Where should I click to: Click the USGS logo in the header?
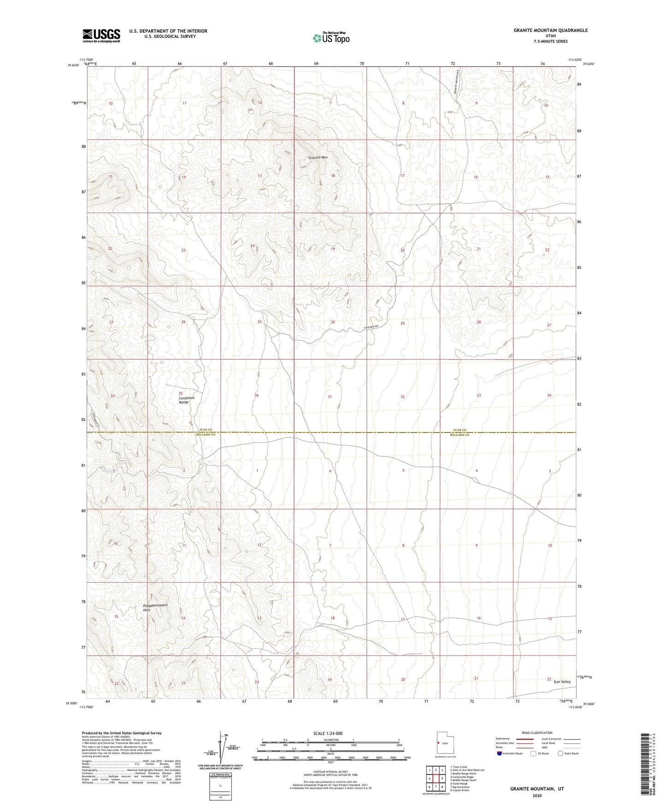[x=101, y=36]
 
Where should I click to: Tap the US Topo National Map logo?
[x=330, y=38]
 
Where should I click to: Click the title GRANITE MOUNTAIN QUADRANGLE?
[x=550, y=30]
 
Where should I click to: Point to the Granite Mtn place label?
[x=318, y=158]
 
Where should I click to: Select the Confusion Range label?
[x=187, y=400]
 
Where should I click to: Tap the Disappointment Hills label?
[x=155, y=607]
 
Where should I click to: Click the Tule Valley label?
[x=562, y=682]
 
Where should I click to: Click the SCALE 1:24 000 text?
[x=328, y=733]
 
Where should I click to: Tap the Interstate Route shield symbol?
[x=500, y=753]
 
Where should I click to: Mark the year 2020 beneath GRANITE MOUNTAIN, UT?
[x=536, y=795]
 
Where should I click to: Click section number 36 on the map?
[x=257, y=396]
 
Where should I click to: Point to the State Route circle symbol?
[x=560, y=753]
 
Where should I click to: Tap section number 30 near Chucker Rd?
[x=333, y=322]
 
